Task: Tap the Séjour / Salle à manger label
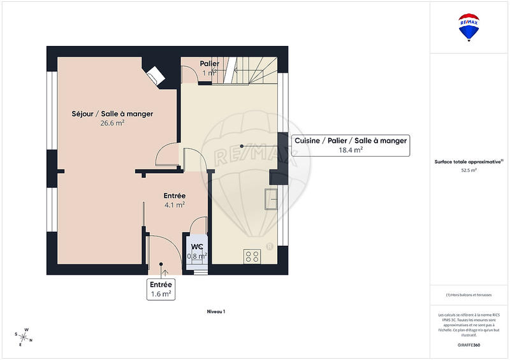click(112, 113)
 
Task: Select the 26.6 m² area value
click(112, 124)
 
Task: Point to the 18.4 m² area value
click(350, 150)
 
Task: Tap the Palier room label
click(210, 64)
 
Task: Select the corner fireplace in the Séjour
click(155, 75)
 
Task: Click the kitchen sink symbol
click(272, 199)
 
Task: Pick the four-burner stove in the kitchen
click(252, 256)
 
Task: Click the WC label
click(197, 246)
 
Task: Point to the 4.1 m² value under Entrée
click(174, 205)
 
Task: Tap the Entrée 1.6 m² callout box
click(160, 289)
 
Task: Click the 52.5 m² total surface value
click(469, 170)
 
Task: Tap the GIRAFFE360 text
click(469, 344)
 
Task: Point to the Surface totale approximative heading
click(469, 161)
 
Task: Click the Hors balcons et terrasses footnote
click(469, 295)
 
